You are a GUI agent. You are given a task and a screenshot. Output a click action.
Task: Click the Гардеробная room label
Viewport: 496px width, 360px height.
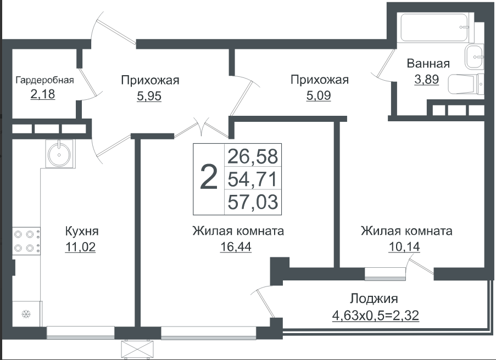tap(44, 80)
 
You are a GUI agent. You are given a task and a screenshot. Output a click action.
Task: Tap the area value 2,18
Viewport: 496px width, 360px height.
tap(43, 94)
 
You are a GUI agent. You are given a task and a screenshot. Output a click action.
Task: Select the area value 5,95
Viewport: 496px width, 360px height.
tap(149, 96)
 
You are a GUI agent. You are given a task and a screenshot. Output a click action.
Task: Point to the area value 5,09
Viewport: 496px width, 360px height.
tap(319, 95)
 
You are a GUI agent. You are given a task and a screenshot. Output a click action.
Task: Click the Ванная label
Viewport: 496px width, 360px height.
tap(428, 64)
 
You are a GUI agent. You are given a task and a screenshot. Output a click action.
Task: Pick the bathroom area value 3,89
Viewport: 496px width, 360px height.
tap(427, 79)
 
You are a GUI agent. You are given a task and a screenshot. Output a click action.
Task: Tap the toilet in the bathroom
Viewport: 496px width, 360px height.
tap(466, 84)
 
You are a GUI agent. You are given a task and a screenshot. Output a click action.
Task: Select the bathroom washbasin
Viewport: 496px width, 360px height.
tap(474, 57)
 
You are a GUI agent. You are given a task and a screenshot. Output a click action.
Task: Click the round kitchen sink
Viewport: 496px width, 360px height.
tap(59, 154)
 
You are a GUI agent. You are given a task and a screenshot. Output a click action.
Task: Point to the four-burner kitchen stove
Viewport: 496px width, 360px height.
tap(26, 241)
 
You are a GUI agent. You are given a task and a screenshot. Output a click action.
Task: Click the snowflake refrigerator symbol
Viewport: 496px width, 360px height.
tap(26, 314)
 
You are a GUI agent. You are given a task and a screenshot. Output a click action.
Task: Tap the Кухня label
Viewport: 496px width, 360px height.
tap(82, 232)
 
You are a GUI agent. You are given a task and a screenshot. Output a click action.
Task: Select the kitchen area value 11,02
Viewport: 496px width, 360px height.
tap(80, 246)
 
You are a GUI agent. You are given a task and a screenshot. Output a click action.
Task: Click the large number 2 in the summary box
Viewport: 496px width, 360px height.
tap(209, 178)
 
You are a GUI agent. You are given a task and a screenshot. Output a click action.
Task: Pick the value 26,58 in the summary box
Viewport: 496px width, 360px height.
tap(253, 156)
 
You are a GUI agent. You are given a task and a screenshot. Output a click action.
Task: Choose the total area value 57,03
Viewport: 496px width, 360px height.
tap(253, 202)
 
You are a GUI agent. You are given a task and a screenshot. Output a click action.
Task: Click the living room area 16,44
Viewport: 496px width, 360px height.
tap(236, 246)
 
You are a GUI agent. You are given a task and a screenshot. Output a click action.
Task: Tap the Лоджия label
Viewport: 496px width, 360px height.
tap(374, 299)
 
